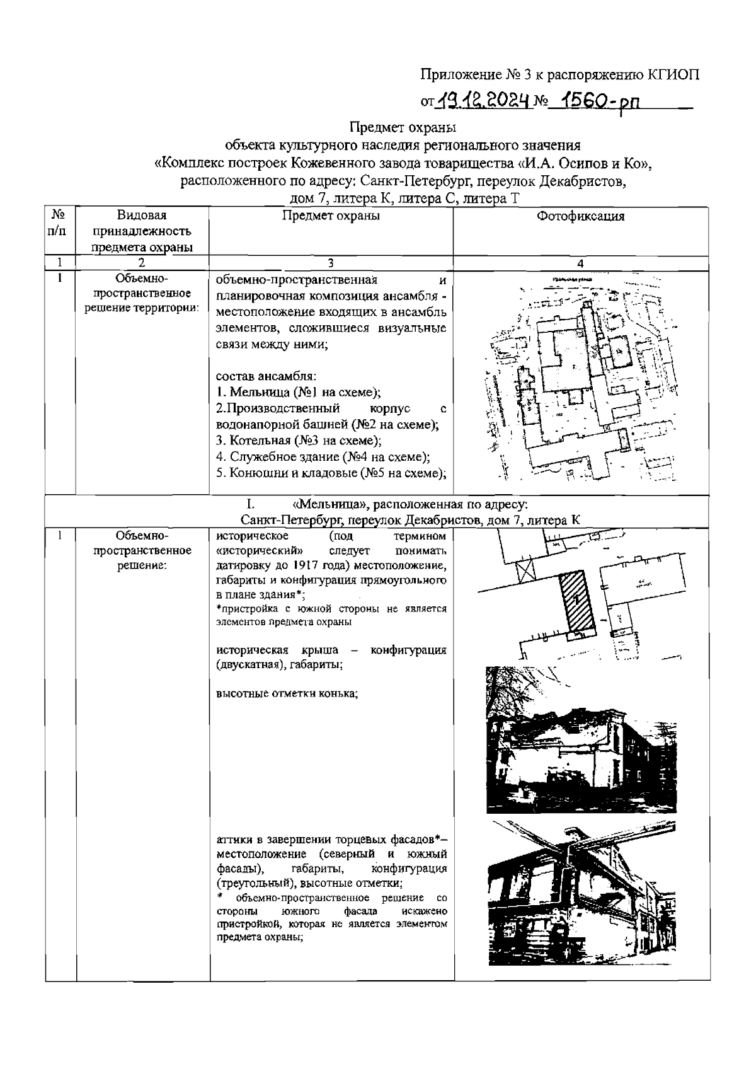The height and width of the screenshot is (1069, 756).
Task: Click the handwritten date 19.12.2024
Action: (x=484, y=99)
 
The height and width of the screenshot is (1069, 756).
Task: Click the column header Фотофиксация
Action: (x=580, y=216)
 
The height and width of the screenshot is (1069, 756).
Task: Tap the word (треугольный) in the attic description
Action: (x=250, y=882)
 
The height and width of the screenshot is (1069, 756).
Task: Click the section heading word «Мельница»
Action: (x=328, y=505)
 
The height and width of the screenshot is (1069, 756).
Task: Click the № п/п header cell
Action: (x=60, y=222)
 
